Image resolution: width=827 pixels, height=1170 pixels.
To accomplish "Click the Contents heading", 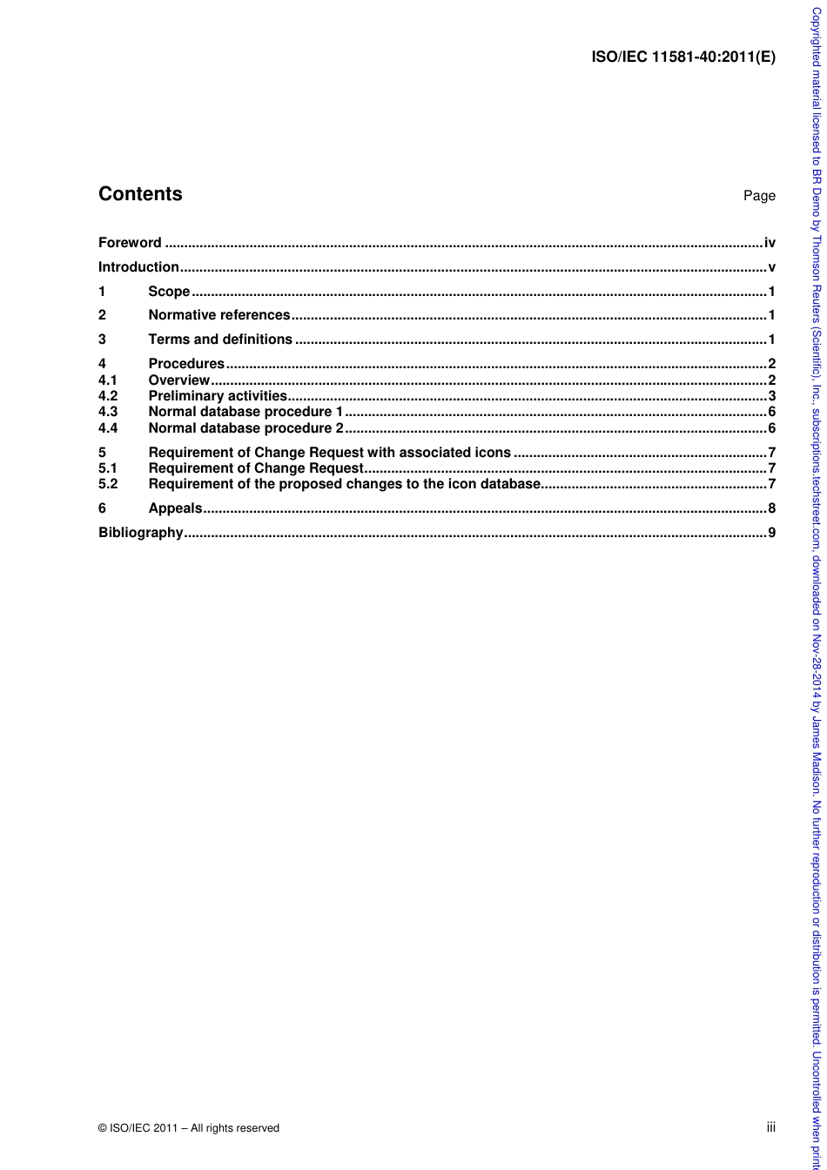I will coord(140,194).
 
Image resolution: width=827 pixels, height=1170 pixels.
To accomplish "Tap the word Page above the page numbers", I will coord(759,196).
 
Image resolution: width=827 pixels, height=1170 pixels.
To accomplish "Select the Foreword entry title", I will coord(130,243).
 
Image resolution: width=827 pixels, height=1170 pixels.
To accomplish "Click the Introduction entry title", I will coord(138,267).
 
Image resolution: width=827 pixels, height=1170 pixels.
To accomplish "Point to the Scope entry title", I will coord(169,292).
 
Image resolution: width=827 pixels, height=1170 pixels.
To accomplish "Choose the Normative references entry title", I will coord(219,315).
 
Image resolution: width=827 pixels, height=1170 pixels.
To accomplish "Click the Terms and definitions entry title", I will coord(220,340).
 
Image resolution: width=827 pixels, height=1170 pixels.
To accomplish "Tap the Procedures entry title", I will coord(186,364).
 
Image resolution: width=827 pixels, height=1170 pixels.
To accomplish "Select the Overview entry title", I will coord(179,380).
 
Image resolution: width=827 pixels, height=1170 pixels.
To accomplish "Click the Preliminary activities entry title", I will coord(218,396).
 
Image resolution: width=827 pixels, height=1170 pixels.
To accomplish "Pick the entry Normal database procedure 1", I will coord(246,412).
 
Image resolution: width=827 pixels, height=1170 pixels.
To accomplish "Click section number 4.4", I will coord(108,428).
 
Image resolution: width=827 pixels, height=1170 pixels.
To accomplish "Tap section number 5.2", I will coord(108,484).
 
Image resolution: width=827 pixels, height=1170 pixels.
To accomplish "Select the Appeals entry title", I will coord(175,508).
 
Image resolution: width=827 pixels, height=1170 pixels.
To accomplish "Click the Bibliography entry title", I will coord(141,533).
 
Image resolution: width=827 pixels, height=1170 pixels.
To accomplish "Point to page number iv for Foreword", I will coord(770,243).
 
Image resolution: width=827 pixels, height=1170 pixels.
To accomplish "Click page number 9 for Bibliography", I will coord(771,533).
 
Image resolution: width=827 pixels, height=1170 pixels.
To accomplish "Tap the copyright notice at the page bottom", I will coord(189,1128).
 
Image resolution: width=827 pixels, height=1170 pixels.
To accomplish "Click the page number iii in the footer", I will coord(770,1127).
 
